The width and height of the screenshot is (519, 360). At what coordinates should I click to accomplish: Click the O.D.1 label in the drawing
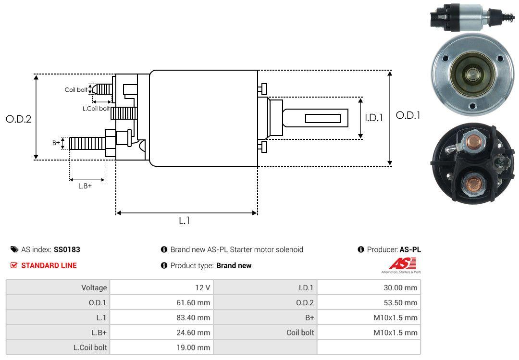408,115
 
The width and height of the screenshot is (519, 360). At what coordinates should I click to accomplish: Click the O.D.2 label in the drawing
18,119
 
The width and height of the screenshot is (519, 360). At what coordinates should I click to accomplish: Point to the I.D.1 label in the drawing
373,117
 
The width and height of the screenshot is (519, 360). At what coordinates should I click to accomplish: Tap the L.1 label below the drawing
185,221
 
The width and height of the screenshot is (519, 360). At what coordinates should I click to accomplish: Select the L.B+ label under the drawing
85,186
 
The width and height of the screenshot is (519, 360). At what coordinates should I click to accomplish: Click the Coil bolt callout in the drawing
76,90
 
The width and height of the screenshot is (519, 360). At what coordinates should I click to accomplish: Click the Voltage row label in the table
94,288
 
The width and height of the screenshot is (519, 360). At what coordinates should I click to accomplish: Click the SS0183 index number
67,249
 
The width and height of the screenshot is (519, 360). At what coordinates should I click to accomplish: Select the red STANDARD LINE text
49,265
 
